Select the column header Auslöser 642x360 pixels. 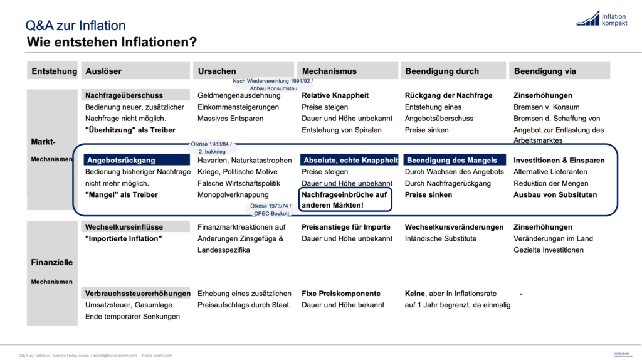103,71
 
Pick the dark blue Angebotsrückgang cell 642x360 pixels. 121,160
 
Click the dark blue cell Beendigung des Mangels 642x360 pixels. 451,160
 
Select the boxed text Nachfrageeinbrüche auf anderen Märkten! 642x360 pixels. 345,200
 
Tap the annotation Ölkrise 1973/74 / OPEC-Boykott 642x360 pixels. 271,209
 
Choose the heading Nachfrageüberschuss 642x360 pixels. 124,95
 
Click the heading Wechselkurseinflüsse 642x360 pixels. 124,227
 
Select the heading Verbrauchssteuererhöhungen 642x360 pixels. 138,294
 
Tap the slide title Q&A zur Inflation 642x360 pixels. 75,26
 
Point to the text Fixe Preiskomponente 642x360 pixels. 341,294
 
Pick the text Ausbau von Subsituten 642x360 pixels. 555,194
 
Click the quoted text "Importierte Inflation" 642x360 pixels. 124,238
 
